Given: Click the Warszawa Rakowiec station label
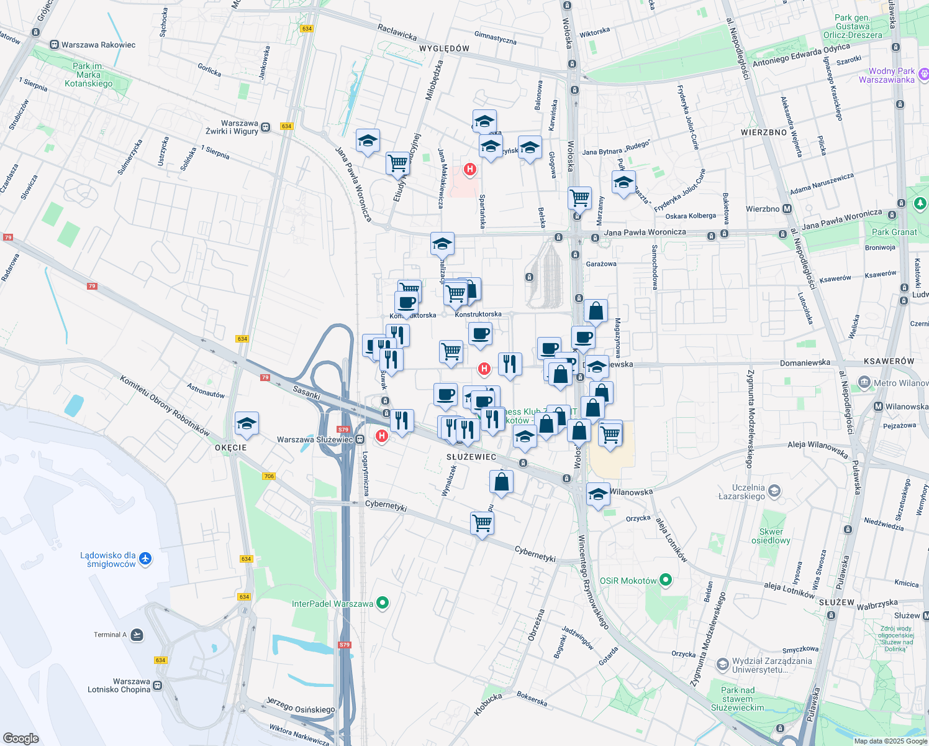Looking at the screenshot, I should [x=98, y=45].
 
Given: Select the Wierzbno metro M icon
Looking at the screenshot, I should [x=787, y=209].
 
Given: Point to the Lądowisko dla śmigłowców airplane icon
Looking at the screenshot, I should [x=145, y=558].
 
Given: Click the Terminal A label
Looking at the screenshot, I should [x=110, y=635].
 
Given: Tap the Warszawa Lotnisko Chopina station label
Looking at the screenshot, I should [x=119, y=686].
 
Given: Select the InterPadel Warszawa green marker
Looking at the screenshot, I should [x=383, y=603].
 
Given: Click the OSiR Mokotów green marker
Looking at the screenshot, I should [x=666, y=581].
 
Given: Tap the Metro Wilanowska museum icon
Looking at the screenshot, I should [x=864, y=382].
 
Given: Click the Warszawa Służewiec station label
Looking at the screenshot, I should [x=315, y=440].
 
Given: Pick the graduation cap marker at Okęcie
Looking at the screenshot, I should [x=247, y=424].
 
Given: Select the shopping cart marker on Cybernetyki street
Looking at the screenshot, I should [x=482, y=523].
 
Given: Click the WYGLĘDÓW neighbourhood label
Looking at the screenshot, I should [x=444, y=48].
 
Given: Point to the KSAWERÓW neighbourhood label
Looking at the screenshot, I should [x=889, y=361].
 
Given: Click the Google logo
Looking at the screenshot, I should [x=20, y=739].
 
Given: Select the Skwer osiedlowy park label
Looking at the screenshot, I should [x=771, y=536].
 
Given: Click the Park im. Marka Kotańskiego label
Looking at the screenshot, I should [x=89, y=75].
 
